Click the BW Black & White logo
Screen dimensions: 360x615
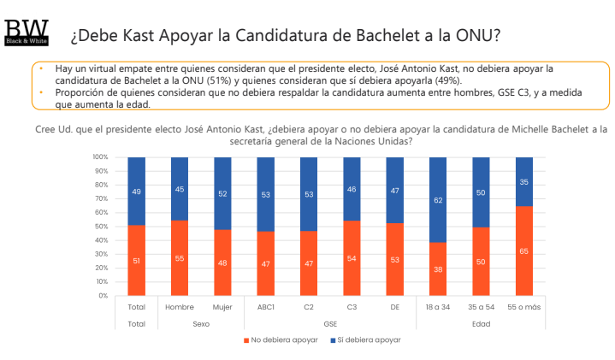pos(27,32)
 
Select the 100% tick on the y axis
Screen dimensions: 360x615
pos(99,157)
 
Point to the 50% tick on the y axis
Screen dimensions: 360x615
pos(101,227)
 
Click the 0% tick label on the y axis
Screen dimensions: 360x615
pos(103,296)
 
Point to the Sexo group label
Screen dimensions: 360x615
pos(201,324)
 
